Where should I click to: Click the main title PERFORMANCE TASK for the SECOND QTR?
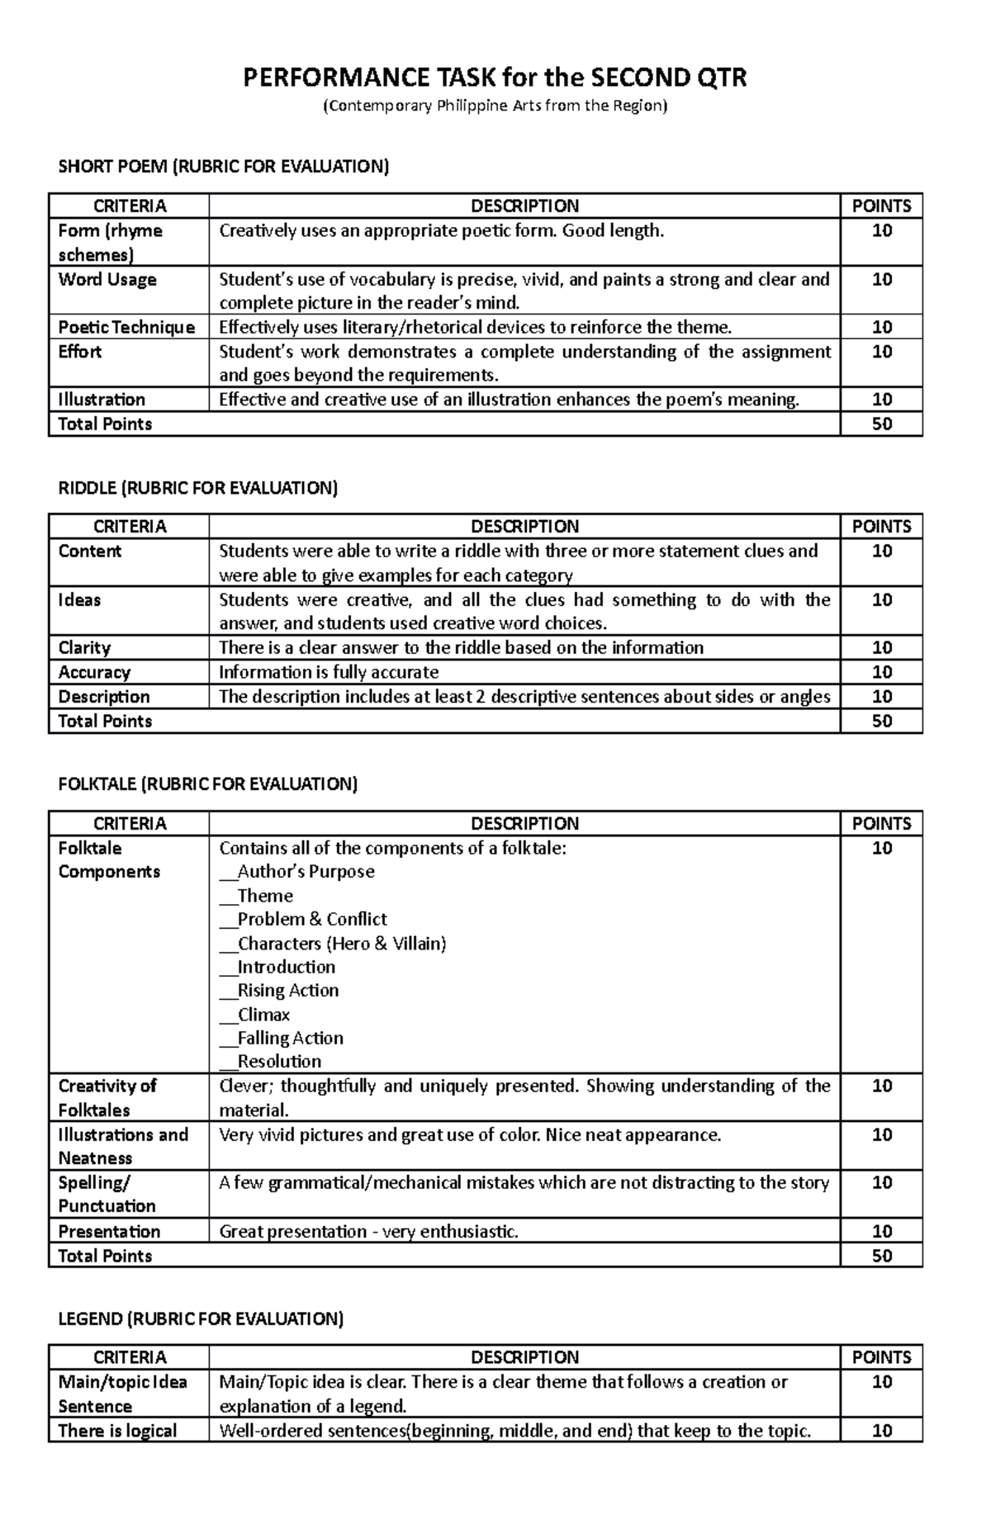(494, 78)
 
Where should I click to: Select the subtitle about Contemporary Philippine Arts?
(494, 106)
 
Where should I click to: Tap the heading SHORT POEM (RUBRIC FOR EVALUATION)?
(223, 167)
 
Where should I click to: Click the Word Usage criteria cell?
(107, 280)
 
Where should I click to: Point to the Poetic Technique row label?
(126, 328)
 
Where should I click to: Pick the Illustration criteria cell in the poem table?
(102, 400)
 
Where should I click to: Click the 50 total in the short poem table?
(881, 424)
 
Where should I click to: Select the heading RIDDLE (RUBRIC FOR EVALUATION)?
(198, 488)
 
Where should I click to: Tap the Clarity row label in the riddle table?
(84, 648)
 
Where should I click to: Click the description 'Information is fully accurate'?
(329, 672)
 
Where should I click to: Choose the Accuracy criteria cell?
(94, 672)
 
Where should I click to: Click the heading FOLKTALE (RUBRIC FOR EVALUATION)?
(208, 784)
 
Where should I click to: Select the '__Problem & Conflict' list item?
(303, 919)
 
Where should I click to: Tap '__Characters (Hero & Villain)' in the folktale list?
(333, 943)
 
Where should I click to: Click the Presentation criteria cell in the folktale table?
(109, 1232)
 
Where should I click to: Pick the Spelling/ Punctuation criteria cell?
(107, 1194)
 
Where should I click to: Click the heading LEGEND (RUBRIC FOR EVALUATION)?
(201, 1319)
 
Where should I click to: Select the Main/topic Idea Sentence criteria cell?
(122, 1394)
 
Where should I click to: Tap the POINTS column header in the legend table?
(881, 1357)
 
